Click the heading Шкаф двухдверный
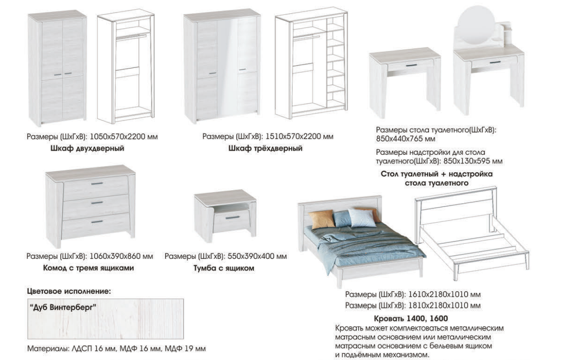click(x=88, y=148)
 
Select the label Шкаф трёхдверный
click(x=265, y=148)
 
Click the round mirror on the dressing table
click(x=476, y=25)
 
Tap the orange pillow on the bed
click(x=322, y=219)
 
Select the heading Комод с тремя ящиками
click(x=88, y=268)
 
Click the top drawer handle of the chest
click(x=97, y=184)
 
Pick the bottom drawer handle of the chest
click(x=97, y=222)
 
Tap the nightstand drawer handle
click(x=232, y=218)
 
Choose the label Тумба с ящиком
click(x=224, y=268)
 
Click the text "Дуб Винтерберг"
click(x=63, y=307)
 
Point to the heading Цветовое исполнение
click(x=69, y=291)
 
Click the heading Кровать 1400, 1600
click(x=411, y=318)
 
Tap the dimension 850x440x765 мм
click(x=406, y=139)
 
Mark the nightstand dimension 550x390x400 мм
click(x=257, y=256)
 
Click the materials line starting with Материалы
click(x=117, y=349)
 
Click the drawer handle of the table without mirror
click(x=412, y=65)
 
